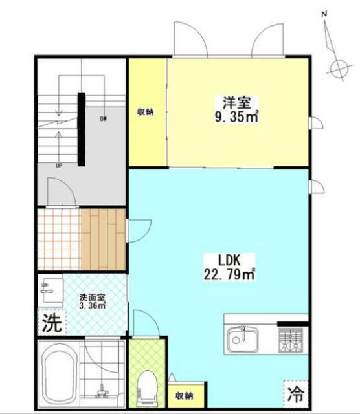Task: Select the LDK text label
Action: tap(229, 260)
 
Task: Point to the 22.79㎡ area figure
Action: tap(230, 275)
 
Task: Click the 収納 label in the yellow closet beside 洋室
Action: tap(145, 112)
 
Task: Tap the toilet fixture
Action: tap(147, 385)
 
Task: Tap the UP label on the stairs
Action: tap(59, 166)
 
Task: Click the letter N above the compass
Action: tap(324, 14)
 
